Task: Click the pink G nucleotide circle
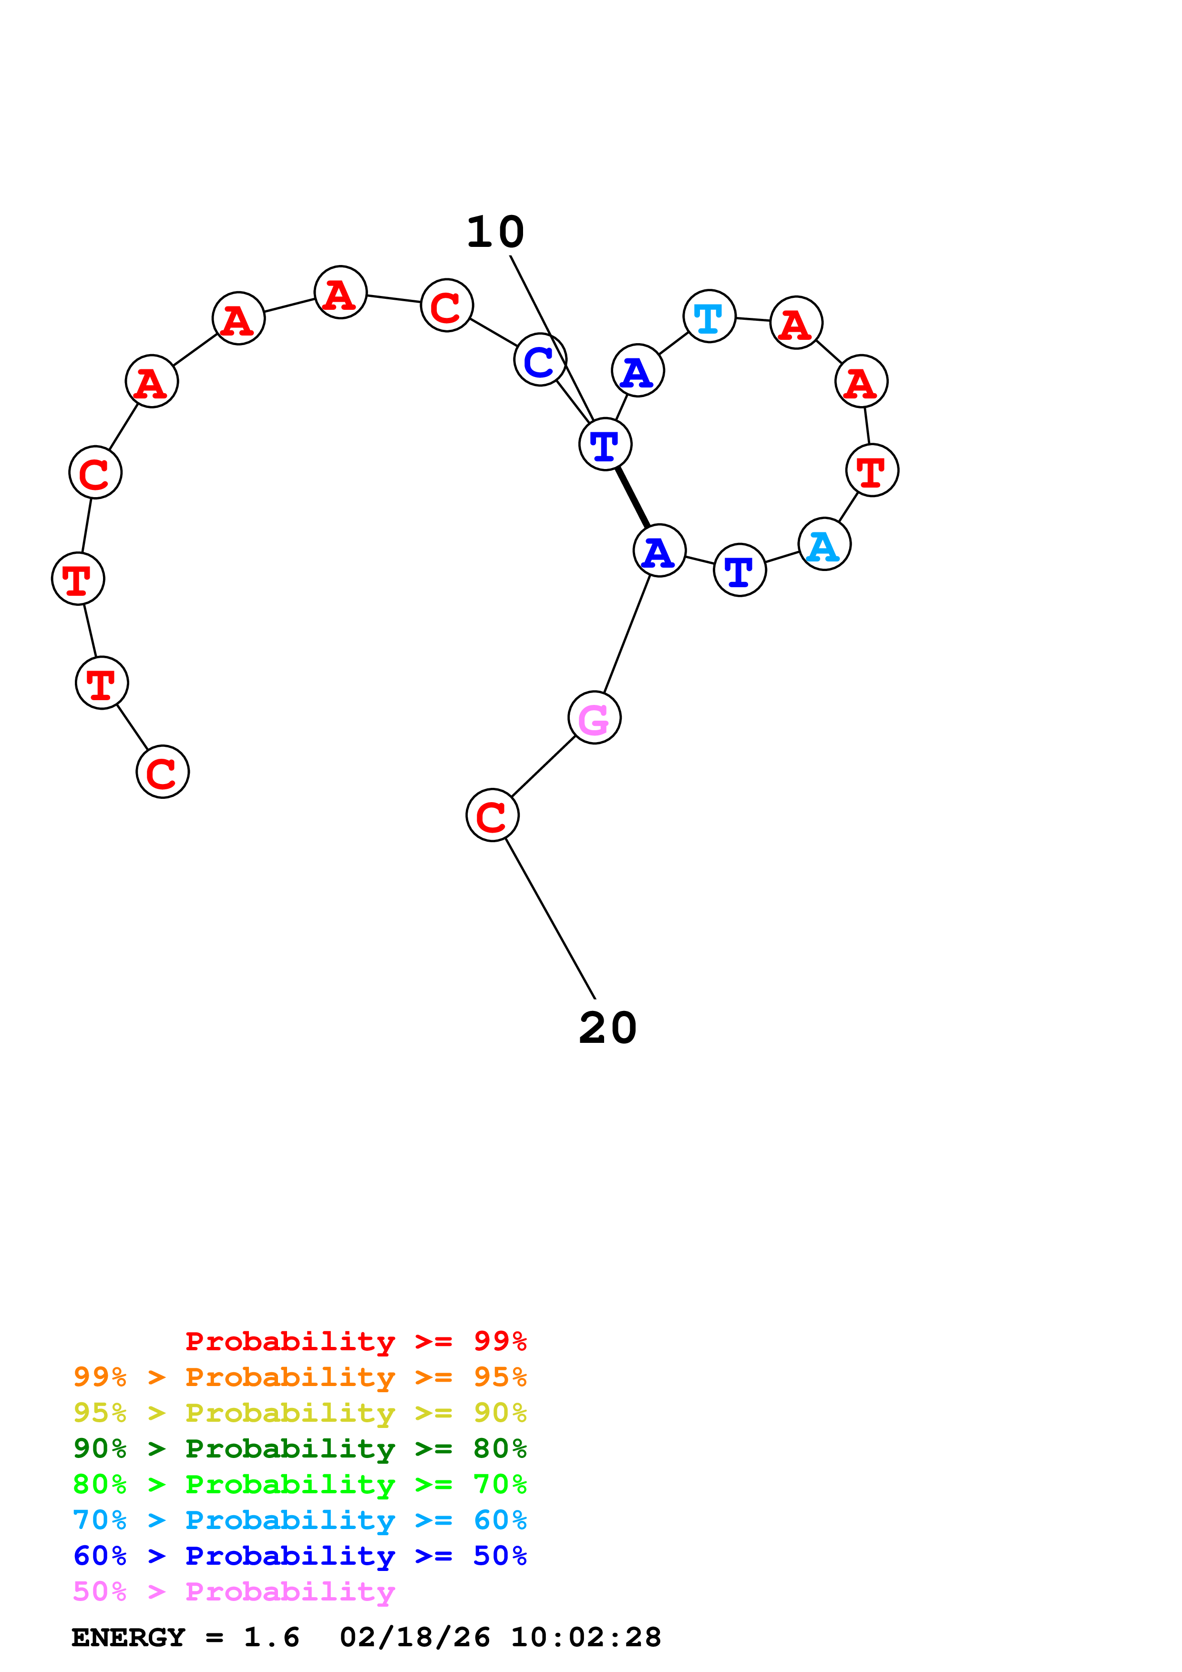coord(594,718)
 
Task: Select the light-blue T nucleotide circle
coord(709,316)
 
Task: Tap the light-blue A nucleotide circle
coord(824,544)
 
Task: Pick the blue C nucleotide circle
coord(540,360)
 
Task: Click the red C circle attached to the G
coord(493,815)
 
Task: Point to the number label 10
coord(495,232)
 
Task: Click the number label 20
coord(607,1028)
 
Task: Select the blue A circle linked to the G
coord(659,551)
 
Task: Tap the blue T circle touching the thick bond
coord(605,444)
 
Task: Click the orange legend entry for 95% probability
coord(299,1377)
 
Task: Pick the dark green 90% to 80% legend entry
coord(299,1448)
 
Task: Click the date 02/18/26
coord(414,1637)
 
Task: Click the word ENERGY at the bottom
coord(128,1637)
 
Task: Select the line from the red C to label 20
coord(551,918)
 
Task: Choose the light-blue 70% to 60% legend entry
coord(299,1520)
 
